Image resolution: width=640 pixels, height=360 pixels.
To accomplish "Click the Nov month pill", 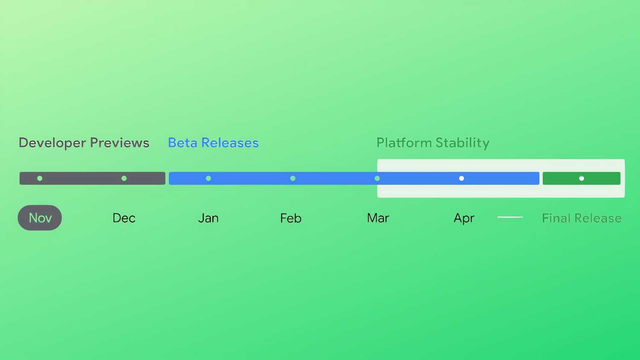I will click(40, 218).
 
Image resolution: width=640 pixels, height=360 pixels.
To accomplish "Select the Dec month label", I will click(124, 218).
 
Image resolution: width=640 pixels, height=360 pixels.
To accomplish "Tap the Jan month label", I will click(208, 218).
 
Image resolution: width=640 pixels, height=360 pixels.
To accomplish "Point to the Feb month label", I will click(291, 218).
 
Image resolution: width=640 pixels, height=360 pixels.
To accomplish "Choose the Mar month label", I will click(378, 218).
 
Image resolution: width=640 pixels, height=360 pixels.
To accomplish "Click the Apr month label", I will click(464, 218).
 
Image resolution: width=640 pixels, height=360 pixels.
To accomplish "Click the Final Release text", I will click(581, 218).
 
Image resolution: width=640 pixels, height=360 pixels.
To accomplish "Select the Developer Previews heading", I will click(84, 142).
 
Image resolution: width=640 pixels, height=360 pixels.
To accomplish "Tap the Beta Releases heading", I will click(213, 142).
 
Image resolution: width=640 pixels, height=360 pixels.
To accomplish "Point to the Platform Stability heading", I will click(433, 142).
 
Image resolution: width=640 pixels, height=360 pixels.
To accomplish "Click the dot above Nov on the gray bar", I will click(40, 178).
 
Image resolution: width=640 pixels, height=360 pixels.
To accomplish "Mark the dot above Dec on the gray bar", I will click(124, 178).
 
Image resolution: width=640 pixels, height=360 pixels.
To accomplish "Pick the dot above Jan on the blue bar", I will click(208, 178).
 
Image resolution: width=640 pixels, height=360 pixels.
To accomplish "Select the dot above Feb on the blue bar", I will click(293, 178).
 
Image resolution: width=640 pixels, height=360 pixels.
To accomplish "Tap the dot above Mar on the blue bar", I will click(377, 178).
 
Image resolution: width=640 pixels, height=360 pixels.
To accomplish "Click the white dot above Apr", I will click(461, 178).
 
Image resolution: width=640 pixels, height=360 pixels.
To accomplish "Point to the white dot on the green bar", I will click(582, 178).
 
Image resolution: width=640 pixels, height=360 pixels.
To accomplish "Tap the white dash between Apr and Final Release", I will click(510, 217).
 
